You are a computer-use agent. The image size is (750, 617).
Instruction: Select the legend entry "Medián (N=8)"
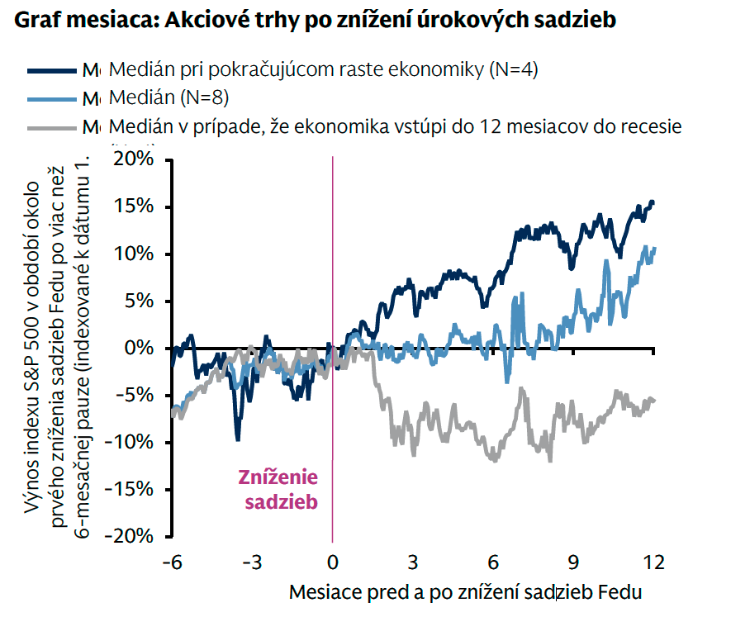click(169, 97)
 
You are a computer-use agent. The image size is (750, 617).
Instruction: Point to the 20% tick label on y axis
click(132, 159)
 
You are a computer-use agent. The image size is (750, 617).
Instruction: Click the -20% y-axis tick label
click(129, 535)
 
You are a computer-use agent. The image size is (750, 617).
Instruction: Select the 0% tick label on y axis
click(138, 348)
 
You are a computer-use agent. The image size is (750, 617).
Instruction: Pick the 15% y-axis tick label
click(133, 206)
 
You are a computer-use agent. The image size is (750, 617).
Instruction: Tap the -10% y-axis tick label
click(129, 442)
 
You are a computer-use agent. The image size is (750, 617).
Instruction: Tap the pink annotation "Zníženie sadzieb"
click(278, 489)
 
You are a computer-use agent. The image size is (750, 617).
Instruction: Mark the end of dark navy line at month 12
click(653, 202)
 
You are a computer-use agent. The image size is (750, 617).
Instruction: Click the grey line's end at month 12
click(653, 400)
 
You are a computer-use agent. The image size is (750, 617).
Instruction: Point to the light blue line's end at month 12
click(653, 249)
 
